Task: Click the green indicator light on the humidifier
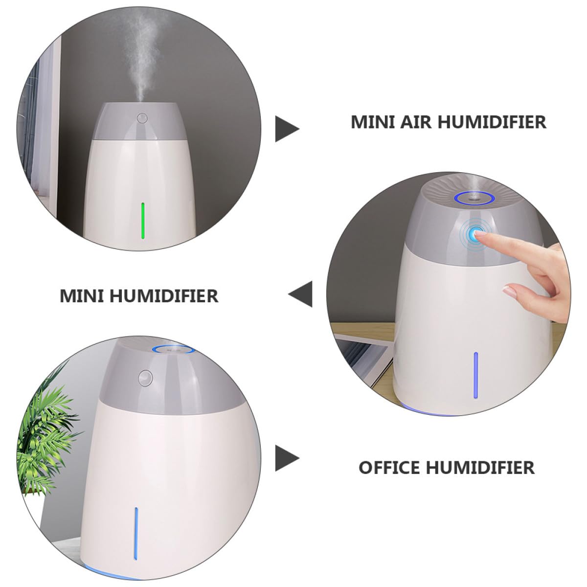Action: tap(142, 221)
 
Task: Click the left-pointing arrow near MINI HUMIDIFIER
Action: tap(300, 294)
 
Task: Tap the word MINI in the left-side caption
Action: tap(82, 296)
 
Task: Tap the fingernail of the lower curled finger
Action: tap(510, 290)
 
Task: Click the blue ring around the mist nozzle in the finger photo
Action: tap(473, 198)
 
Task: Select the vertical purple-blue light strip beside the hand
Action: tap(475, 375)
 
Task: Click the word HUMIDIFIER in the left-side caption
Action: tap(164, 296)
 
